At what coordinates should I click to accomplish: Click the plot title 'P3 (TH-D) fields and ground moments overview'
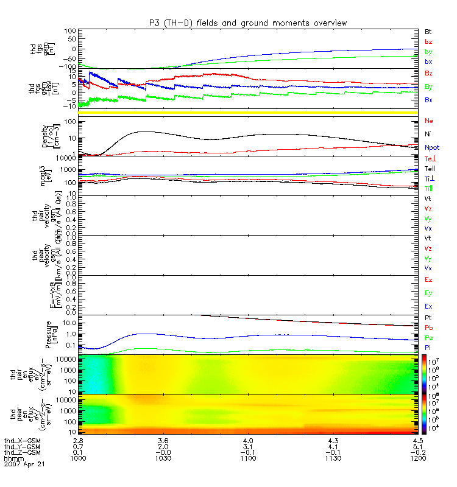click(x=247, y=23)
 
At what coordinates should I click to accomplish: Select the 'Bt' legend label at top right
click(x=428, y=30)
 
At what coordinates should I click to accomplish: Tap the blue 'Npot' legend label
click(x=431, y=147)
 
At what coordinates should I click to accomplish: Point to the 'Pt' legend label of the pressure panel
click(x=428, y=318)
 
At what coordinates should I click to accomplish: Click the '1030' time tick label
click(x=163, y=457)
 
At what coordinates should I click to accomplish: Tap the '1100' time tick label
click(x=247, y=457)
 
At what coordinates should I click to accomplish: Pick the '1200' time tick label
click(x=417, y=457)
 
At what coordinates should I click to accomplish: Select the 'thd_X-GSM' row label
click(x=21, y=440)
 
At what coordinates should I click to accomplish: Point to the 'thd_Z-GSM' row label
click(x=21, y=452)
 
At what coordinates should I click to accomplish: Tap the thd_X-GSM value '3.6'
click(x=163, y=440)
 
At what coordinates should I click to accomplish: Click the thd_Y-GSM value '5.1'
click(x=417, y=446)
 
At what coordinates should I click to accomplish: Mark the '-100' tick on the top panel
click(x=66, y=66)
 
